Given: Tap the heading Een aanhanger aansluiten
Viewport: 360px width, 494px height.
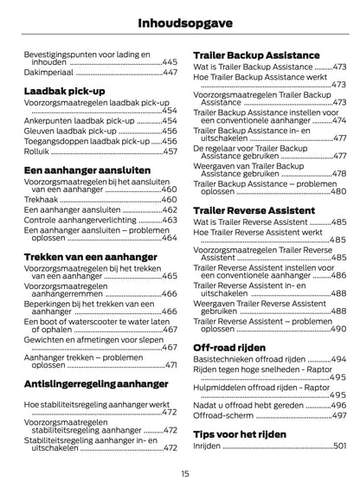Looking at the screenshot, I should click(87, 170).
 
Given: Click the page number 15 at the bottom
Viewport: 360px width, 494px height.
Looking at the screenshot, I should click(185, 473).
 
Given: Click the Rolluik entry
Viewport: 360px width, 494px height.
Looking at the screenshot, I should click(37, 151).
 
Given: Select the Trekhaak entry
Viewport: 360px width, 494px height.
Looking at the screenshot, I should click(41, 198).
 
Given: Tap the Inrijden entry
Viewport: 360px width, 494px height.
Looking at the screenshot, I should click(207, 445).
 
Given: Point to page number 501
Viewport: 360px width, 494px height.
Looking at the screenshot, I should click(339, 445).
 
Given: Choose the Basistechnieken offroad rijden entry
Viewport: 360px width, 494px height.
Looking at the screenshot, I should click(247, 358).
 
